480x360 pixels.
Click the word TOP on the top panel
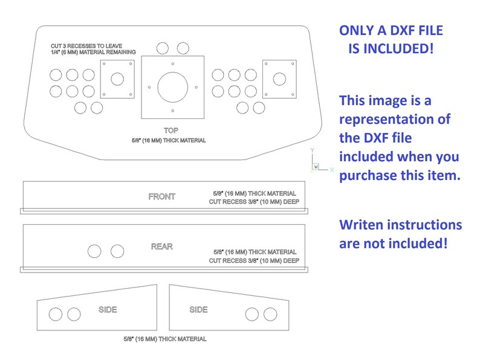tap(171, 130)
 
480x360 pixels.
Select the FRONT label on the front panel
tap(161, 196)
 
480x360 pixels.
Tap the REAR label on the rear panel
tap(162, 246)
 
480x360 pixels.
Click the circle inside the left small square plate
tap(117, 79)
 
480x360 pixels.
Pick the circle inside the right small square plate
tap(279, 79)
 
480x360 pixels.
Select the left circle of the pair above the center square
tap(163, 48)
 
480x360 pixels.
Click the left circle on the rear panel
tap(95, 251)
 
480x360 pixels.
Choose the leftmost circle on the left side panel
tap(55, 314)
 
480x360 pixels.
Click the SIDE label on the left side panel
tap(108, 310)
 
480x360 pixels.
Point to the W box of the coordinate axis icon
tap(316, 167)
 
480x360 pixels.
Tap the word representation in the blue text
tap(395, 119)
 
